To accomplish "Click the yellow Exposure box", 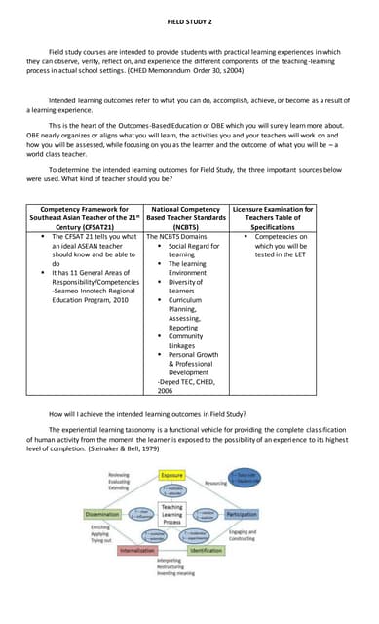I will tap(171, 475).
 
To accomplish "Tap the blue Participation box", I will tap(242, 514).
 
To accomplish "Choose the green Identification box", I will tap(206, 550).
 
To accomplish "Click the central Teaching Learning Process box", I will tap(171, 514).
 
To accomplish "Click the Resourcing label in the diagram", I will tap(215, 483).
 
